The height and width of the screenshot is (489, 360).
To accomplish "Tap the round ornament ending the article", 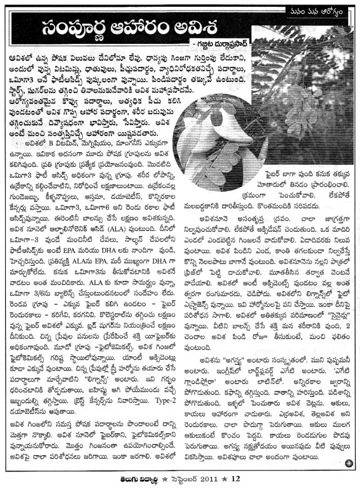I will pyautogui.click(x=349, y=463).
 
